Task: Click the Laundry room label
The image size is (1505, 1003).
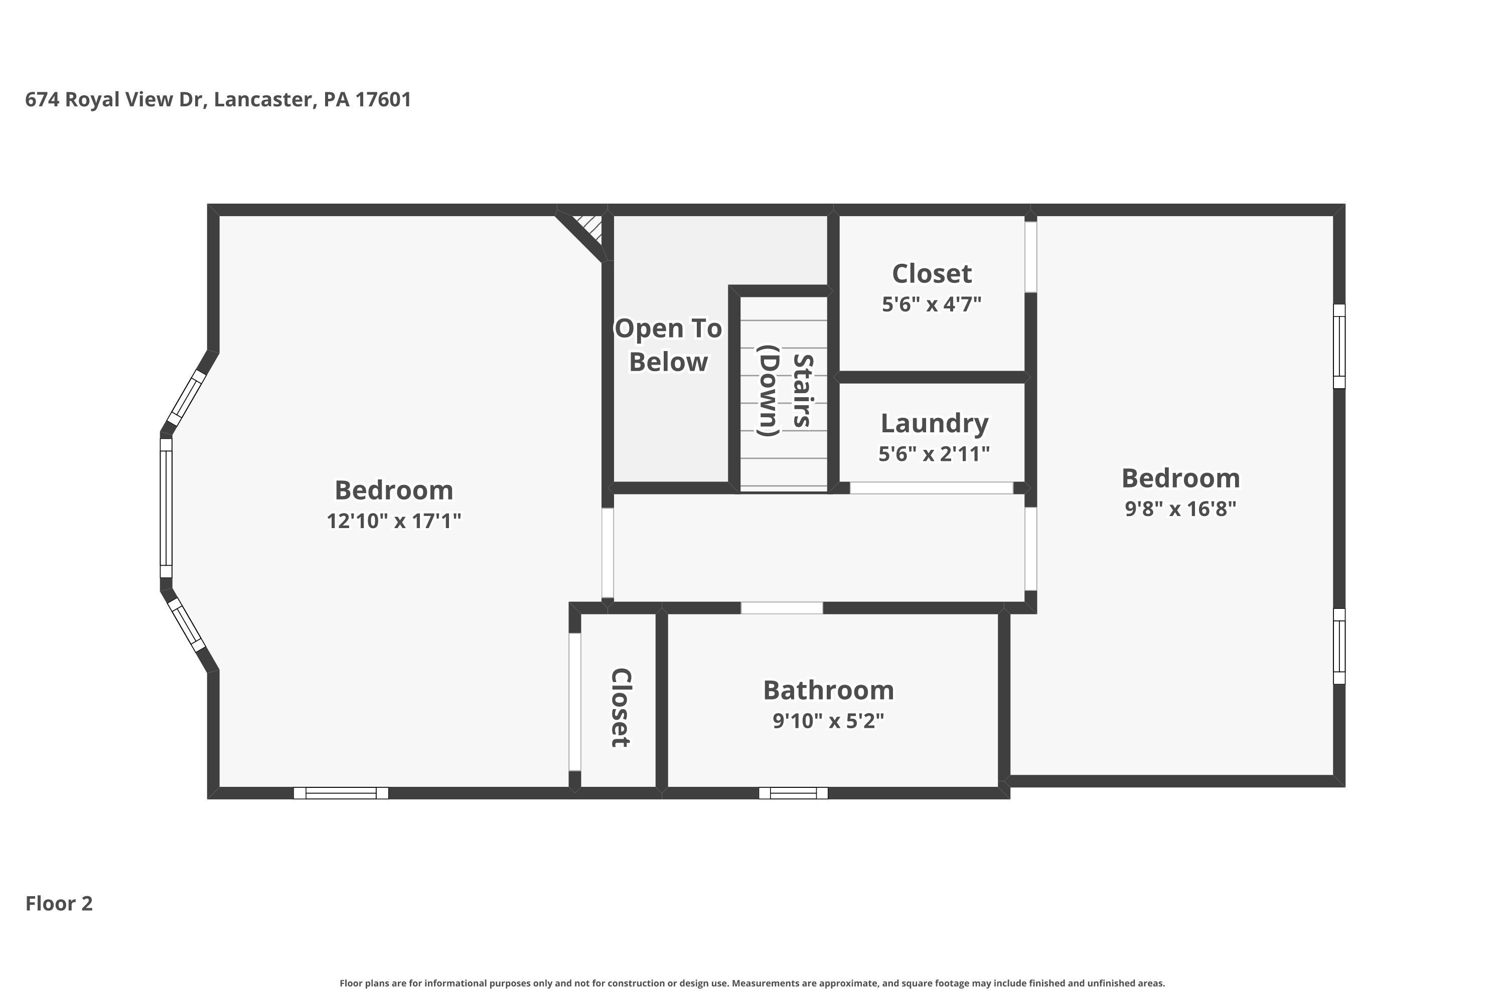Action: [x=934, y=423]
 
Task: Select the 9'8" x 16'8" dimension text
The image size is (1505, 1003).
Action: [x=1180, y=509]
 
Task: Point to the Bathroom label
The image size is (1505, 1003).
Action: [x=828, y=690]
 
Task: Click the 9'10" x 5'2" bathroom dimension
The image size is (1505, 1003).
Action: [x=828, y=721]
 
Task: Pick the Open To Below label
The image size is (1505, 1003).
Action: [x=668, y=345]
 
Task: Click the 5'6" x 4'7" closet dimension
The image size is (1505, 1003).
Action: [x=931, y=304]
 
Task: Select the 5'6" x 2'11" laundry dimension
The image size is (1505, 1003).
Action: [x=934, y=453]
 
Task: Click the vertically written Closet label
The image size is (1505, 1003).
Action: [x=621, y=708]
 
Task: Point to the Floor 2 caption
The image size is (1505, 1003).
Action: [x=59, y=903]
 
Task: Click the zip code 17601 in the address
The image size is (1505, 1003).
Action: [x=383, y=99]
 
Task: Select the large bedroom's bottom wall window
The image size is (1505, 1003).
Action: [x=341, y=793]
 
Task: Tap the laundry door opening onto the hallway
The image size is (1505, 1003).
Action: [x=931, y=488]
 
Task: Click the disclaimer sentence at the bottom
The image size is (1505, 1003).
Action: [x=752, y=983]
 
